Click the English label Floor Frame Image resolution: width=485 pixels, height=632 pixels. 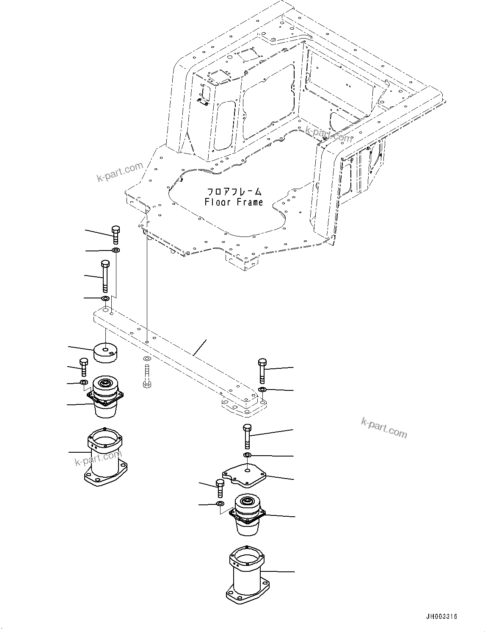point(234,202)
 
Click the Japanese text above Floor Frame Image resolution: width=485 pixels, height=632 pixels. point(234,192)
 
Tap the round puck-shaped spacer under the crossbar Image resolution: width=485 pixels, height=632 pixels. point(105,352)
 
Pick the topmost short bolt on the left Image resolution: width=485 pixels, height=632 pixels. point(116,234)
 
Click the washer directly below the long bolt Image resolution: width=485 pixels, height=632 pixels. point(105,299)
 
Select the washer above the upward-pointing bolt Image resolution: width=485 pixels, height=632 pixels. point(146,359)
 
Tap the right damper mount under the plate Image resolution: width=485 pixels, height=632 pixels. point(248,515)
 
